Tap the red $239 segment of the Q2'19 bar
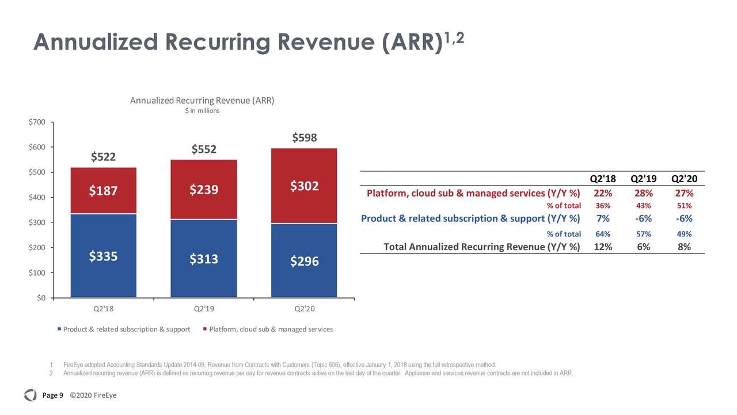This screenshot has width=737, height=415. coord(204,190)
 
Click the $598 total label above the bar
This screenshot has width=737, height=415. coord(305,138)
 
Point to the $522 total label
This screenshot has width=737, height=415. coord(104,157)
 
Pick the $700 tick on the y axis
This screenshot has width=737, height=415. coord(37,122)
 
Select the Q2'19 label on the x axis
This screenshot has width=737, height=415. coord(204,309)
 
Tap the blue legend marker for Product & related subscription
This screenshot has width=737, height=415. coord(59,329)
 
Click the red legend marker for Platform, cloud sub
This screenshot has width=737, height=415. coord(205,329)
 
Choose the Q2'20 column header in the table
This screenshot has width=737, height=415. coord(684,179)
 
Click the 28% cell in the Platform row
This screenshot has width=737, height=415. coord(643,193)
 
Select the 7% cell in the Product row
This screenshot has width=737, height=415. coord(602,218)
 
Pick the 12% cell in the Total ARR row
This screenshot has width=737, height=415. coord(602,247)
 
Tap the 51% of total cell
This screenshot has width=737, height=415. coord(684,206)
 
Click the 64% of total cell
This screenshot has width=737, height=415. coord(602,234)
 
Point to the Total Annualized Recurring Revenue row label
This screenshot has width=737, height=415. coord(481,247)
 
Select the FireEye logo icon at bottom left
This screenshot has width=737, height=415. coord(30,395)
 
